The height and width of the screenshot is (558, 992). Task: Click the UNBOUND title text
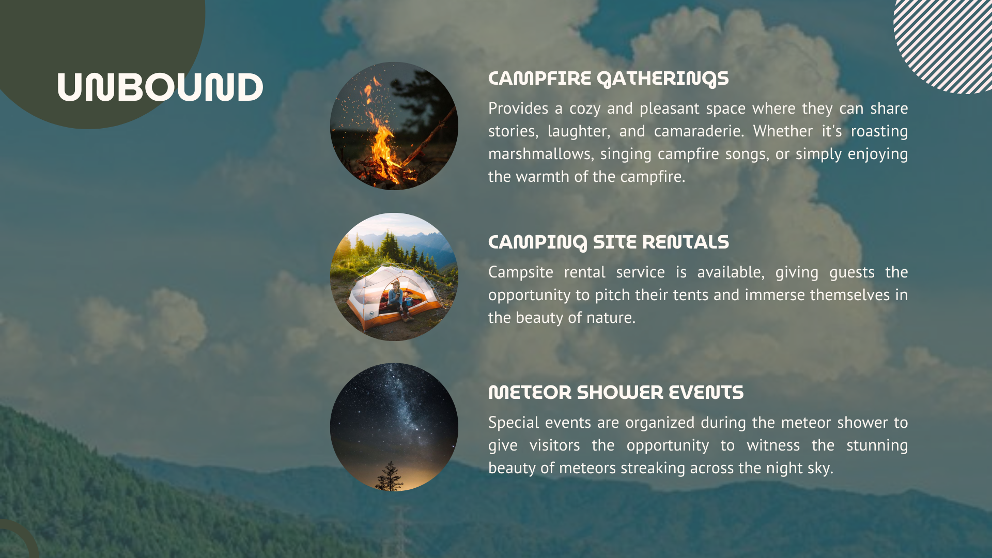(160, 87)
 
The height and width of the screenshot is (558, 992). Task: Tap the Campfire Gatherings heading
(608, 79)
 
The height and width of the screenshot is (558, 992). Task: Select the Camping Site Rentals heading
(608, 242)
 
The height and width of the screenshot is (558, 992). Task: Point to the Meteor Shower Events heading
(616, 393)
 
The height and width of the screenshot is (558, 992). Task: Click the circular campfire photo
(394, 126)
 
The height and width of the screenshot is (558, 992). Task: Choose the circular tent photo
(394, 277)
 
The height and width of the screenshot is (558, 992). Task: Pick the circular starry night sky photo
(394, 427)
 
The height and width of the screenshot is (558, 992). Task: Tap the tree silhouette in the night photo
(390, 476)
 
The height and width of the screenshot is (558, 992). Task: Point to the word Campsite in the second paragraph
(521, 273)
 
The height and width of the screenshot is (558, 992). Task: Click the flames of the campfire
(382, 139)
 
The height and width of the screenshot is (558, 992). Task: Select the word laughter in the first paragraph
(579, 132)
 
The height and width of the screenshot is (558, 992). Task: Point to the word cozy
(584, 109)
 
